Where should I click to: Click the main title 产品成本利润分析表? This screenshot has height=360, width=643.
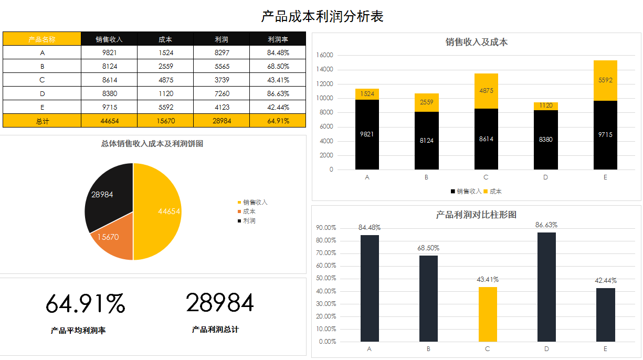(322, 17)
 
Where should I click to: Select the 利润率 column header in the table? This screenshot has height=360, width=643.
(278, 39)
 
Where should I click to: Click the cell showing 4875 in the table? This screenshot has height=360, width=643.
(165, 80)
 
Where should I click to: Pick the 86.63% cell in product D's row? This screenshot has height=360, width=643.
(278, 93)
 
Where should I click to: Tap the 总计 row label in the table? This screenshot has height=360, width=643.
(42, 121)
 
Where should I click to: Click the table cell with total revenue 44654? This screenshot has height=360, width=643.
(109, 121)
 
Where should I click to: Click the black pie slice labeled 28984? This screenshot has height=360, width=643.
(108, 197)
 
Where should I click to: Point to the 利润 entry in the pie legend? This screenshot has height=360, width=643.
(249, 221)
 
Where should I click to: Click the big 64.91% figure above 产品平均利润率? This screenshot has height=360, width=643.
(85, 304)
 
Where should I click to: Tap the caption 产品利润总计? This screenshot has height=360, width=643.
(215, 330)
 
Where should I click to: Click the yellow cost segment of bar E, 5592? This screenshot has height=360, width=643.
(605, 80)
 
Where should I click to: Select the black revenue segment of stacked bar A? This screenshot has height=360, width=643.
(367, 134)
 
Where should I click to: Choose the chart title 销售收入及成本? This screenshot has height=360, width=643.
(477, 43)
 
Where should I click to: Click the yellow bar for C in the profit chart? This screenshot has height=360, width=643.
(488, 314)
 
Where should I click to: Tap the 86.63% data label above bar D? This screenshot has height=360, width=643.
(546, 225)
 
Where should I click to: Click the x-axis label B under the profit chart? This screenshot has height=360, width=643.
(428, 349)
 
